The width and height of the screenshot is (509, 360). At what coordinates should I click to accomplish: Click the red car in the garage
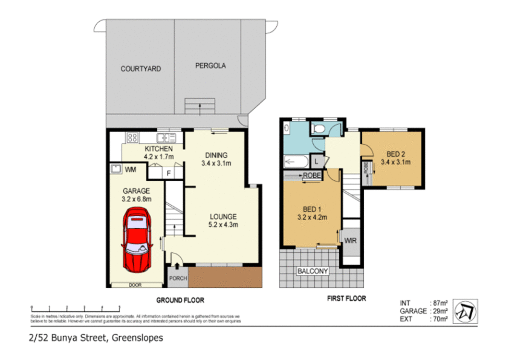tap(137, 240)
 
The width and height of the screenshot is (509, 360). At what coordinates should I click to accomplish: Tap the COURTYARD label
tap(140, 69)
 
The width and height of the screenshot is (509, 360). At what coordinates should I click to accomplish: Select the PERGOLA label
tap(210, 66)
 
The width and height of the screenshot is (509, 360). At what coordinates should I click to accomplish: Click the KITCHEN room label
tap(159, 149)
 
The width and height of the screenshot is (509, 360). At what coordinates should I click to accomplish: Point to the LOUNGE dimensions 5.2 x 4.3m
tap(224, 224)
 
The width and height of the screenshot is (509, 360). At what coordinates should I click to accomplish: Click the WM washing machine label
tap(130, 170)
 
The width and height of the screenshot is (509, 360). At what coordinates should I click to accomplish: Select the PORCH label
tap(178, 278)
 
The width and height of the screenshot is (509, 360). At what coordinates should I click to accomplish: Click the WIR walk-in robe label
tap(351, 240)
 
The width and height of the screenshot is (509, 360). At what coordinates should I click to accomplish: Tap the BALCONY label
tap(312, 272)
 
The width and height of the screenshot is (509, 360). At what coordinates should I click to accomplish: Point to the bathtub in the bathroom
tap(296, 161)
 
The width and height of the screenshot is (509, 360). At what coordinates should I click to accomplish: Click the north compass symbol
tap(465, 309)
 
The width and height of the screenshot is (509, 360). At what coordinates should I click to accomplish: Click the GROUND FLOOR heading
tap(180, 299)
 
